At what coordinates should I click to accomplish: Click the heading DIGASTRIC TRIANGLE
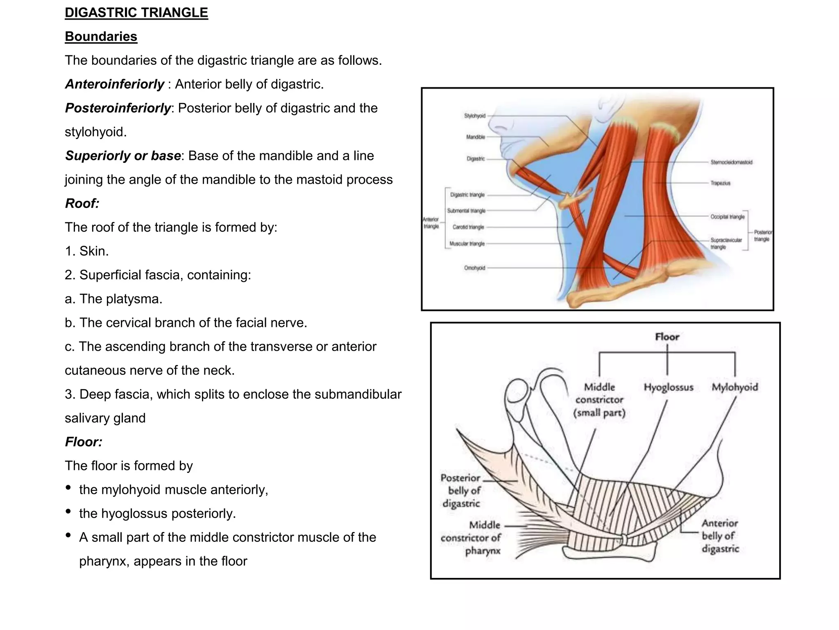point(136,13)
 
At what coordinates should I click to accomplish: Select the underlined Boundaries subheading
point(101,37)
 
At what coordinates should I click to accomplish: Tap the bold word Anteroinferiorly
point(115,84)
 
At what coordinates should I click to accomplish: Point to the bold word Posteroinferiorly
point(118,108)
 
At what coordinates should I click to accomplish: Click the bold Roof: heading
point(82,203)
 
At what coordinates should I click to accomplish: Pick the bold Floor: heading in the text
point(84,442)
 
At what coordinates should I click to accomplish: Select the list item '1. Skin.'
point(87,251)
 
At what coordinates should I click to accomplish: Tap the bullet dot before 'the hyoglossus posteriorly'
point(68,511)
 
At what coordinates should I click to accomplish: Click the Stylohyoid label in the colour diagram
point(474,116)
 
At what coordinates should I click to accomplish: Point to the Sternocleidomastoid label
point(731,162)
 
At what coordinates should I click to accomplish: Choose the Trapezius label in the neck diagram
point(720,183)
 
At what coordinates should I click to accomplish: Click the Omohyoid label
point(474,268)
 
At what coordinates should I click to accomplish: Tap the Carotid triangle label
point(468,227)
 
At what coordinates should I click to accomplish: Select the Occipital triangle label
point(727,217)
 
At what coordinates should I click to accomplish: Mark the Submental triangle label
point(466,210)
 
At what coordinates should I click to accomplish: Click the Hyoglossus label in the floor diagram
point(668,387)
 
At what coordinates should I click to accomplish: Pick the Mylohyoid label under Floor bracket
point(735,387)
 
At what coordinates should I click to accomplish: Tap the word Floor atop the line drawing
point(667,337)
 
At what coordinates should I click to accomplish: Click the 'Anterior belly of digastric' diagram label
point(720,536)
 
